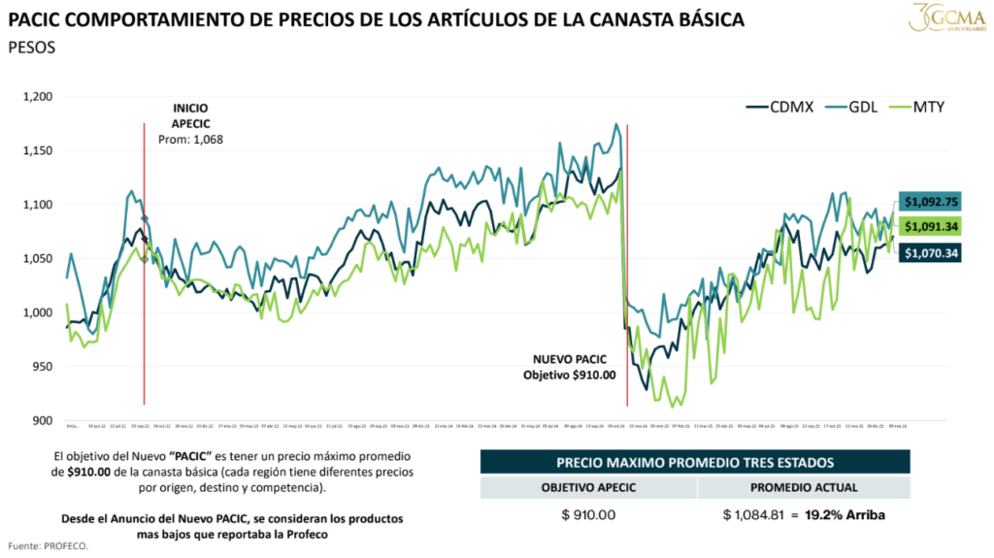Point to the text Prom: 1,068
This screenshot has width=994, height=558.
pyautogui.click(x=190, y=140)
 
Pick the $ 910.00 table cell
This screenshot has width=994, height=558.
pyautogui.click(x=588, y=514)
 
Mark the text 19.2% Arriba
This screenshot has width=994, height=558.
pyautogui.click(x=851, y=514)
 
